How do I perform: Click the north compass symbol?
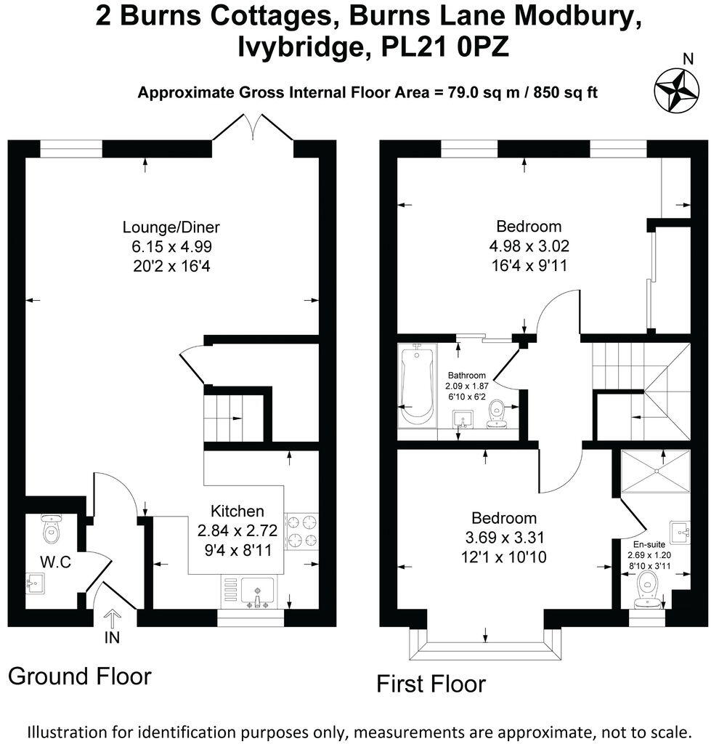[675, 89]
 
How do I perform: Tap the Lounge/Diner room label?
[171, 226]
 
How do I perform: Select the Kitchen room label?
[237, 510]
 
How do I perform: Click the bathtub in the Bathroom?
[417, 384]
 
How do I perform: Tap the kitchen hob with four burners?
[304, 531]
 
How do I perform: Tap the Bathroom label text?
[466, 376]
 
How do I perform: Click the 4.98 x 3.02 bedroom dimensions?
[524, 246]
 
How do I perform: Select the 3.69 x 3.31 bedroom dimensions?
[504, 538]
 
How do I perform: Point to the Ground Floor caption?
[80, 676]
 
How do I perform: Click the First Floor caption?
[430, 684]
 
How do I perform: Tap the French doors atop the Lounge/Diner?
[252, 129]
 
